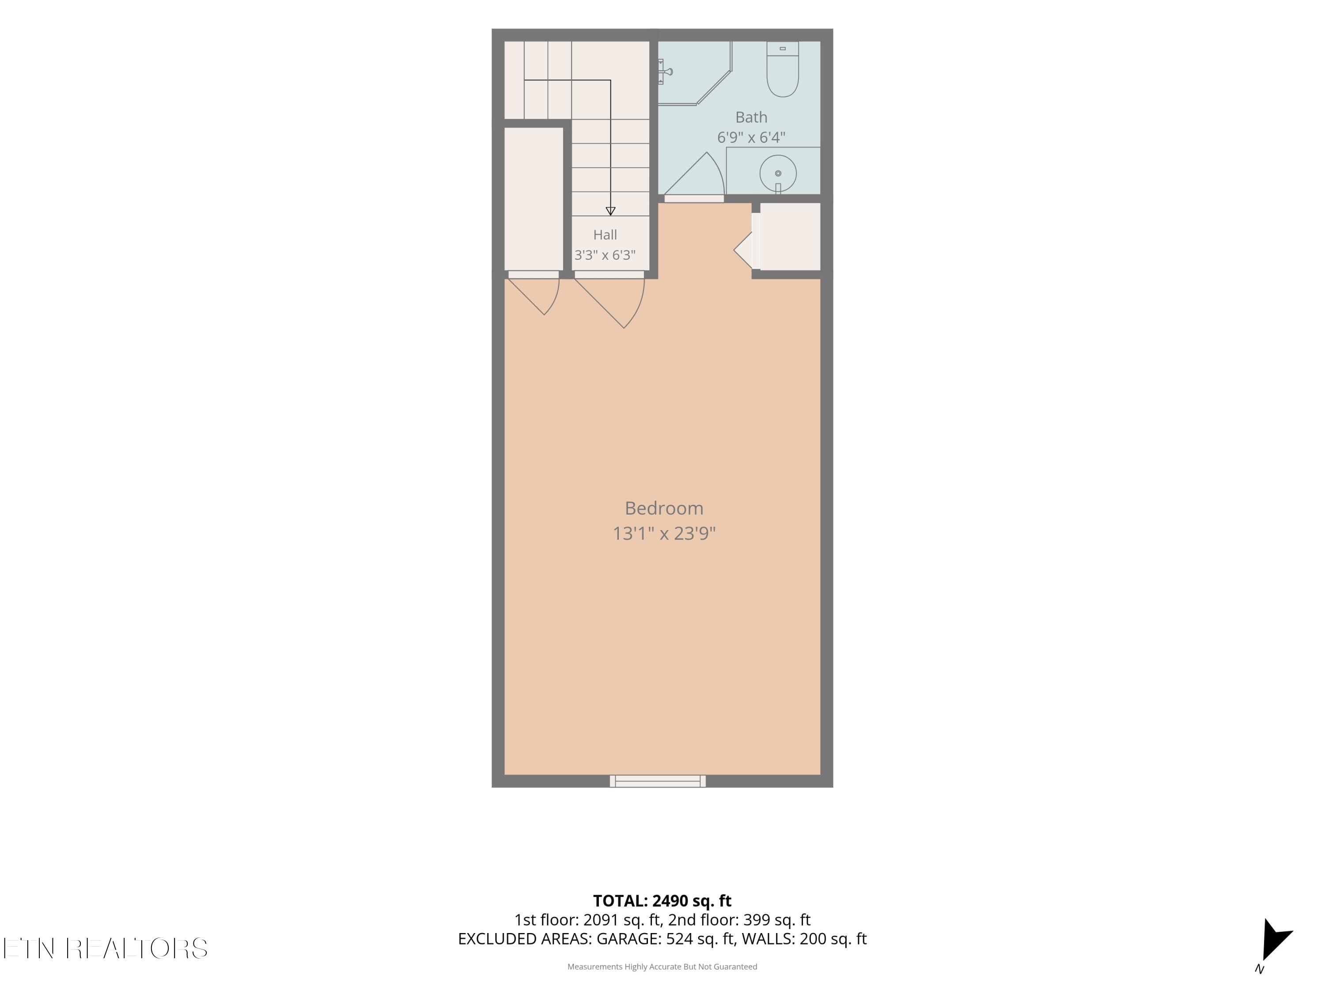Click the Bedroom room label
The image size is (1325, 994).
[664, 508]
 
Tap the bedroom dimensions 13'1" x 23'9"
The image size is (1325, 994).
[664, 533]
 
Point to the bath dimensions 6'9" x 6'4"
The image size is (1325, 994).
[751, 137]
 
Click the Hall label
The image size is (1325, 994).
[605, 235]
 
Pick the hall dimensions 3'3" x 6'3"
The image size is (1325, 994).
[605, 254]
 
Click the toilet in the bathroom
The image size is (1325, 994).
[782, 69]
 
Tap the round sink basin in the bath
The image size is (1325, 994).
[778, 174]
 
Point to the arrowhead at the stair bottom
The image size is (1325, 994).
[610, 211]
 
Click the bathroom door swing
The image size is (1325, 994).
[695, 174]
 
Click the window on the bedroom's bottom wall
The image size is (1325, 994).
[658, 781]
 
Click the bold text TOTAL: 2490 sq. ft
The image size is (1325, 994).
[662, 900]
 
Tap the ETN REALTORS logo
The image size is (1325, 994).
[106, 948]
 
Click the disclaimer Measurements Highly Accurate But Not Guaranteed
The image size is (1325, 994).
[662, 967]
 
